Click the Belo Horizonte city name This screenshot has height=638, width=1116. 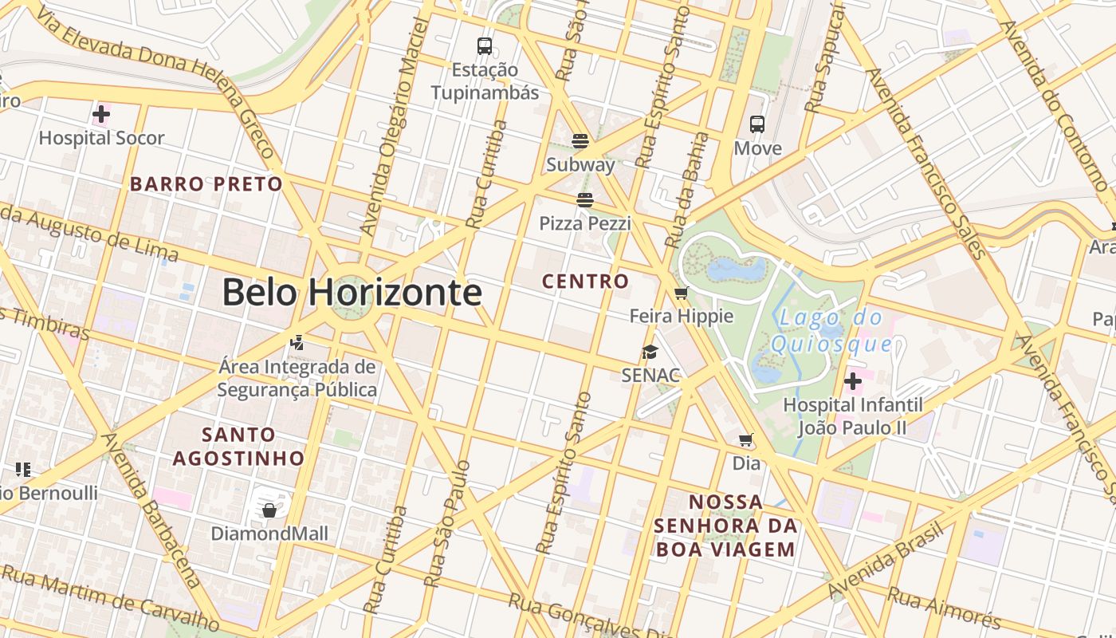352,292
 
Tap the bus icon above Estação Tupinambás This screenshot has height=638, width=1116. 485,45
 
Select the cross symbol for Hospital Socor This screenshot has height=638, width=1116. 101,114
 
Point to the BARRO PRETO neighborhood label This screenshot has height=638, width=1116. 206,184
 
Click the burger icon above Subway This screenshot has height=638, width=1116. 580,141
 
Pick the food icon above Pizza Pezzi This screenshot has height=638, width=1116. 585,199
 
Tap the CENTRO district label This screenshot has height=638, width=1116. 585,281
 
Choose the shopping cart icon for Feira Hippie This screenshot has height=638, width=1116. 681,293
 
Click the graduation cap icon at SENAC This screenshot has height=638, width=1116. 650,352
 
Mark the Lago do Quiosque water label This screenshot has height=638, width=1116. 831,331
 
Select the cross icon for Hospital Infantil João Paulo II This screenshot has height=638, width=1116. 853,381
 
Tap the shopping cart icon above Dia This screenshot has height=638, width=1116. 746,439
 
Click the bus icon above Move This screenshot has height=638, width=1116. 757,124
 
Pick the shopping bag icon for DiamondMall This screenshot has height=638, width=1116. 269,510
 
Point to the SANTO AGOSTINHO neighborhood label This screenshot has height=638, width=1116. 238,447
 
